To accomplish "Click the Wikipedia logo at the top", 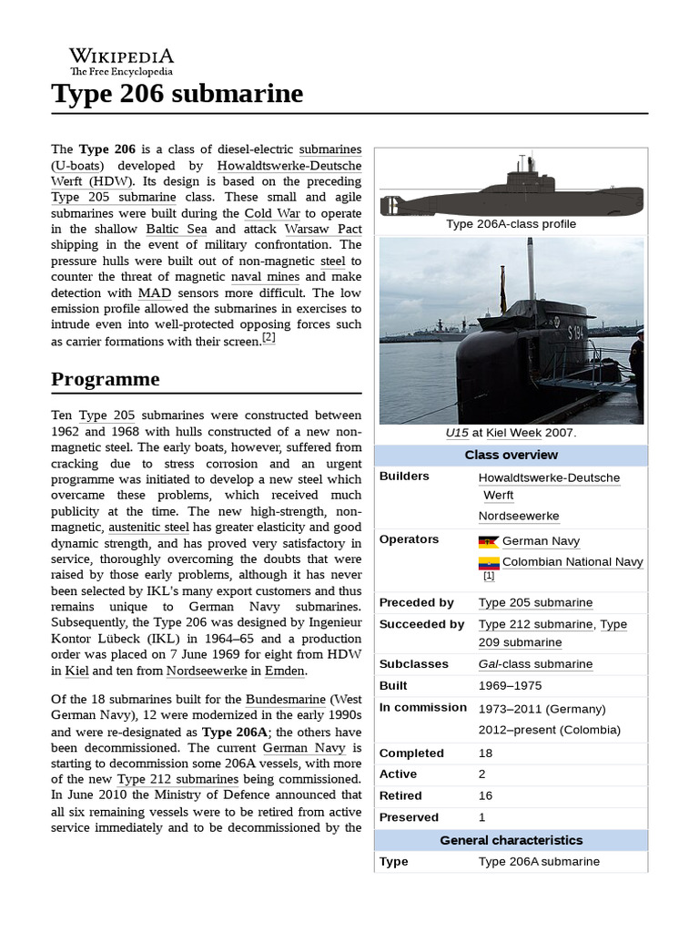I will tap(121, 61).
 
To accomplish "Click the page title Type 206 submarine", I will tap(177, 94).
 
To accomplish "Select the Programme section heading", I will tap(105, 379).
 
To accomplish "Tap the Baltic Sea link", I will tap(174, 229).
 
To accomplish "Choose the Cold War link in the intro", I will tap(272, 212).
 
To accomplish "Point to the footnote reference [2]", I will tap(268, 338).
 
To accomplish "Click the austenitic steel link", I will tap(148, 527).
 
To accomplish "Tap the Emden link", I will tap(286, 671).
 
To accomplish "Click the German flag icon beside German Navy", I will tap(488, 541).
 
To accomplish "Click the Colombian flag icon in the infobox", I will tap(488, 562).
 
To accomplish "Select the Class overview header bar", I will tap(511, 455).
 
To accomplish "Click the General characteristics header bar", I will tap(511, 840).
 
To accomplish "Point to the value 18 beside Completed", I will tap(486, 753).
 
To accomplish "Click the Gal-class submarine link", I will tap(535, 664).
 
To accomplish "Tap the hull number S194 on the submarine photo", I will tap(575, 333).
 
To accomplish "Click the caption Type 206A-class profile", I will tap(511, 223).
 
